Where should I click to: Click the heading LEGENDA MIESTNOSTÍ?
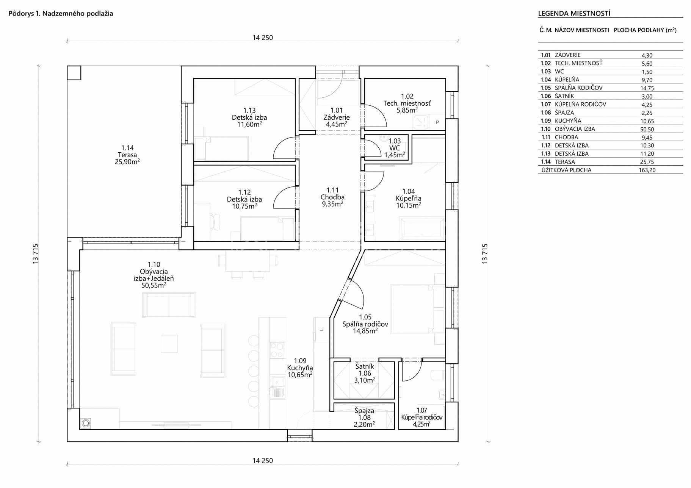(x=574, y=14)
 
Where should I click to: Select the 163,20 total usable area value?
(x=647, y=170)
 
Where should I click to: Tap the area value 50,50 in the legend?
(x=647, y=129)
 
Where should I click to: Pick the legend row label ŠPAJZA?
(x=564, y=113)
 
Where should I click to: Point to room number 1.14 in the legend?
(x=545, y=162)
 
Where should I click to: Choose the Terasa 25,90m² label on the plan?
(x=127, y=155)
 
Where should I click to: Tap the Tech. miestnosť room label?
(x=407, y=103)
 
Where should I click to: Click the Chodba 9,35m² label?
(x=332, y=197)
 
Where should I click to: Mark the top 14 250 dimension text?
(x=263, y=38)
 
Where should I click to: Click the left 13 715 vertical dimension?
(x=36, y=253)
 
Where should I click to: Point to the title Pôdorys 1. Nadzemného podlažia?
(x=61, y=14)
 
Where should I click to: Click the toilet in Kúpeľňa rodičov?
(x=437, y=375)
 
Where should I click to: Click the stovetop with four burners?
(x=277, y=350)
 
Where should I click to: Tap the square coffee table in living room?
(x=169, y=343)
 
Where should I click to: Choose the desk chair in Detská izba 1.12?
(x=215, y=221)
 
